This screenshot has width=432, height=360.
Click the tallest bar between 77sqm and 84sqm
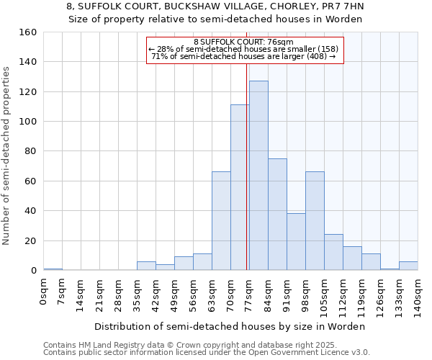coord(258,176)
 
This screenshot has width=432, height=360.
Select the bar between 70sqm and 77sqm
coord(240,187)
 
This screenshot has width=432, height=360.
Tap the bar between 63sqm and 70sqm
coord(221,221)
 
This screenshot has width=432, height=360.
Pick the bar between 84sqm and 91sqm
coord(277,215)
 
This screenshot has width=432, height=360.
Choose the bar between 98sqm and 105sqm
coord(315,221)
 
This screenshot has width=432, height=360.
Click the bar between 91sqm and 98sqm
coord(296,242)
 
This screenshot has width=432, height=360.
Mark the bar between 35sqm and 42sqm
coord(146,266)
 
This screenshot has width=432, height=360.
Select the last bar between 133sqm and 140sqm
coord(408,266)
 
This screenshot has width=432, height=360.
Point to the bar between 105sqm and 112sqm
coord(333,252)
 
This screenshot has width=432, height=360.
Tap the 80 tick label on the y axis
coord(30,151)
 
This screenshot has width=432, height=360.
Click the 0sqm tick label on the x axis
coord(43,292)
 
